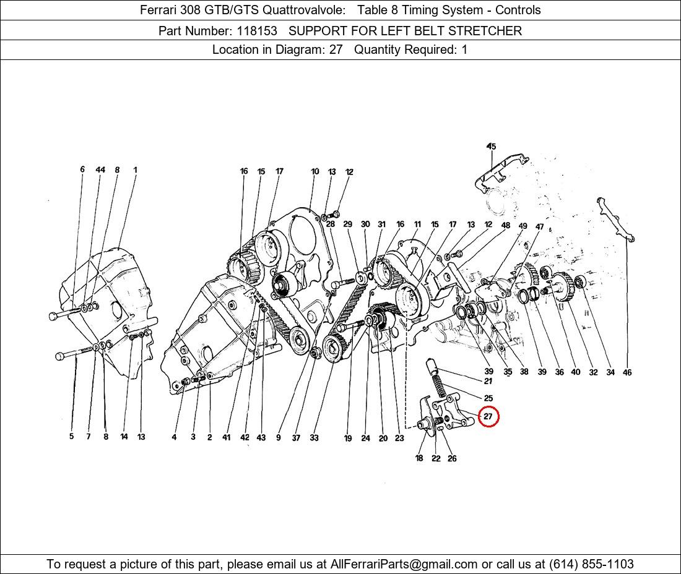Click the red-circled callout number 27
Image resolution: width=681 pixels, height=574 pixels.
click(488, 416)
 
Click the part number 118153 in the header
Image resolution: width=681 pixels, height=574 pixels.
click(257, 31)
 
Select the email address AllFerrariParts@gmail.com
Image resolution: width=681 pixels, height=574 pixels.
click(404, 564)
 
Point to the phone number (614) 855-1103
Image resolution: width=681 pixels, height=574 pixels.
click(591, 564)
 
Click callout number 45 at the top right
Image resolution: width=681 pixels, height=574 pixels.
click(491, 146)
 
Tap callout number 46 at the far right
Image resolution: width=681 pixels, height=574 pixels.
click(627, 372)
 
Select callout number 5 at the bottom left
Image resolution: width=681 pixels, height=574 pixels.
click(72, 437)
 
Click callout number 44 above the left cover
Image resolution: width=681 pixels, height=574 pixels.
click(100, 169)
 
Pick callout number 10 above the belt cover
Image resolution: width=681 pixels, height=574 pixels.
click(315, 171)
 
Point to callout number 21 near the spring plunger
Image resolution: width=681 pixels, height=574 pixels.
click(488, 381)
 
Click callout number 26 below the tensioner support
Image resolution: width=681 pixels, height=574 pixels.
click(452, 458)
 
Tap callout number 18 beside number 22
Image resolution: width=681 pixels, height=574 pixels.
click(419, 458)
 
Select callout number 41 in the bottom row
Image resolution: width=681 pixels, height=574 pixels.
click(226, 437)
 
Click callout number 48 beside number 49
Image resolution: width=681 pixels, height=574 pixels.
click(506, 225)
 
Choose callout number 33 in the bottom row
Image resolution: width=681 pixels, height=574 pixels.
click(314, 438)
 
